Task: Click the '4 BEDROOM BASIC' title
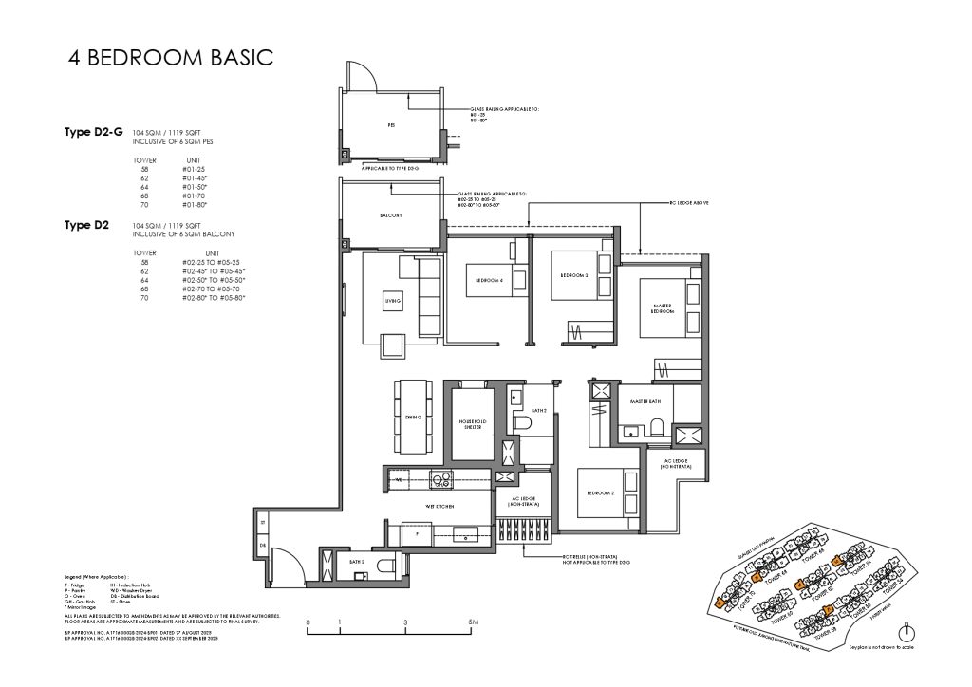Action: tap(171, 57)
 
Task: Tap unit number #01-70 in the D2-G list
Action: tap(194, 195)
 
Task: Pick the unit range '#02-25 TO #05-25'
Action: tap(214, 262)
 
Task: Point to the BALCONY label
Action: tap(390, 215)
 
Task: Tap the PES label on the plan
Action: tap(390, 125)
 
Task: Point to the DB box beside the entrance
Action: tap(263, 546)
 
